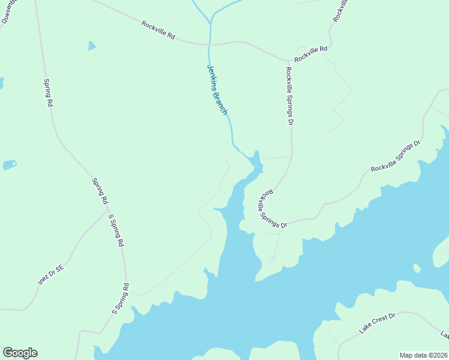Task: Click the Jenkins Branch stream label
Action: [217, 90]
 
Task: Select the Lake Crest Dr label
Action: [378, 323]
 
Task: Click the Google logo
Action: [20, 353]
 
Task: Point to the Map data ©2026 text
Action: [423, 355]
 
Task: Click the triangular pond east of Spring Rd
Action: [91, 46]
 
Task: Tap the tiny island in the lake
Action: [417, 268]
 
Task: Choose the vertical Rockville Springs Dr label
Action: [289, 95]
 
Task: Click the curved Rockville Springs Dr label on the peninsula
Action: [273, 209]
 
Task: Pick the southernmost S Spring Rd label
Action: [120, 299]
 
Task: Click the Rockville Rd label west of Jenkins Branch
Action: [158, 31]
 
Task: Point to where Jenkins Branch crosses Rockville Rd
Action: [210, 44]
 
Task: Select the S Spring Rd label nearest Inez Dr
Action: [115, 230]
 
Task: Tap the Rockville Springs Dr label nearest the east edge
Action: [396, 157]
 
